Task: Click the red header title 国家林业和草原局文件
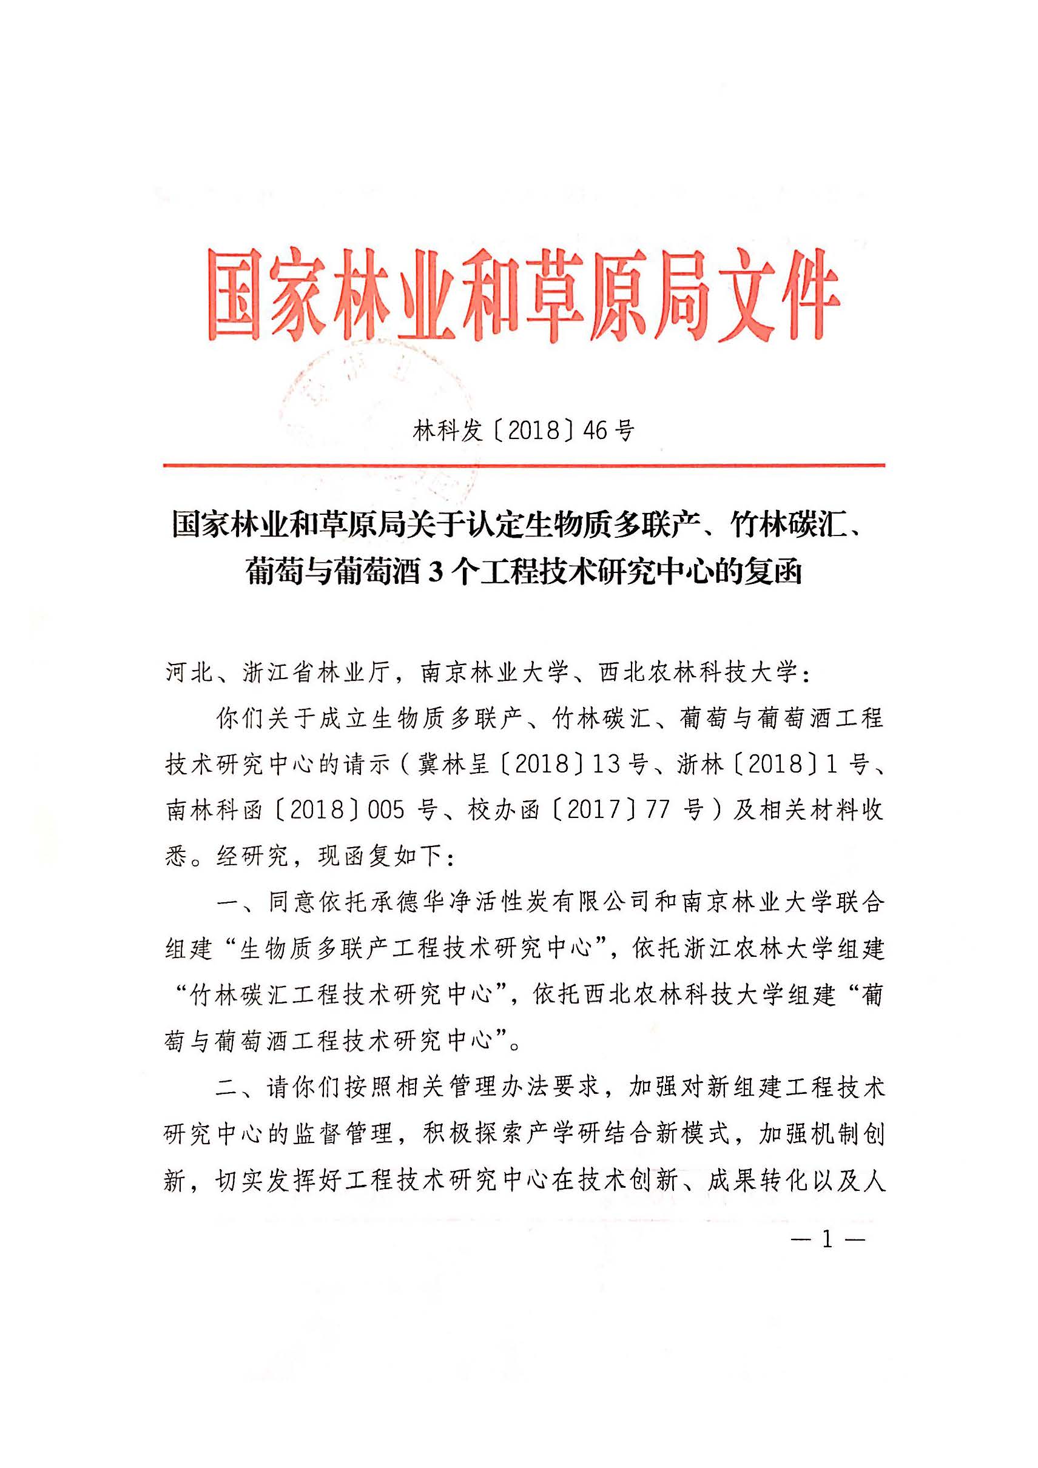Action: (523, 296)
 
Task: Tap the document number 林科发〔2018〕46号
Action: (523, 431)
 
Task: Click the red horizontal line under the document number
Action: (523, 465)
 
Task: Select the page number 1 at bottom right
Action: (827, 1241)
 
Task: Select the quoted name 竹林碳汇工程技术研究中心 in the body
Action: (342, 994)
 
